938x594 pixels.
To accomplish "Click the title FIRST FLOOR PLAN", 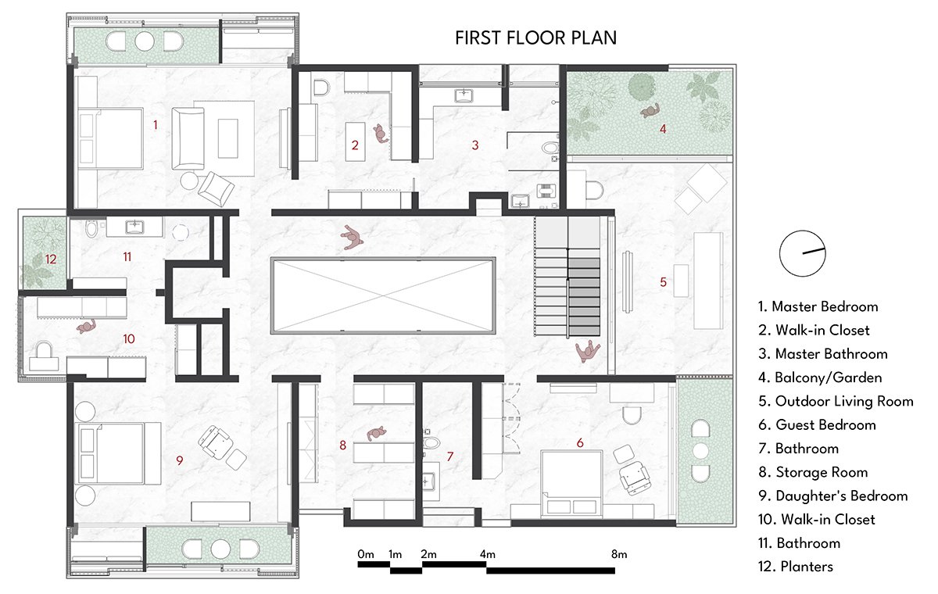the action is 535,38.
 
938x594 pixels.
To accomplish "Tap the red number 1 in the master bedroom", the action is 156,125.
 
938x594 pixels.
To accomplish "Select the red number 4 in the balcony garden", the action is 663,129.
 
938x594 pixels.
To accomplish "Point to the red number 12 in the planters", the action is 51,259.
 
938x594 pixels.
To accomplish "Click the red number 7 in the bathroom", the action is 450,456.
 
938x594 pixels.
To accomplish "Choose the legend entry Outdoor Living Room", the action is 836,402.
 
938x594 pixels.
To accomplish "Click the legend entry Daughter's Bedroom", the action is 833,496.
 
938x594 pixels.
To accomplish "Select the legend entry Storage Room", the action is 813,472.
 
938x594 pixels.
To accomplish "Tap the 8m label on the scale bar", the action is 619,555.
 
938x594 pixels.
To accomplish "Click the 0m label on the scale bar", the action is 366,555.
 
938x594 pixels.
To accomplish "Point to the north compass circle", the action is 802,253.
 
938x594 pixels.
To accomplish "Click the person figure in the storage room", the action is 377,434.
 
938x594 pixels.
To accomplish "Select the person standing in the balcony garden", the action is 650,111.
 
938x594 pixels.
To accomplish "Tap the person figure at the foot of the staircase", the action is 587,352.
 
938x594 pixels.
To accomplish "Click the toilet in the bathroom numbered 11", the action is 91,228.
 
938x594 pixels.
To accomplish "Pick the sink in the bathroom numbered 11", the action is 134,227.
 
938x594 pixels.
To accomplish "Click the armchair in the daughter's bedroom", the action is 216,442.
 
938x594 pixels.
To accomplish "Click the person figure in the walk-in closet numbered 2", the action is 381,134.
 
